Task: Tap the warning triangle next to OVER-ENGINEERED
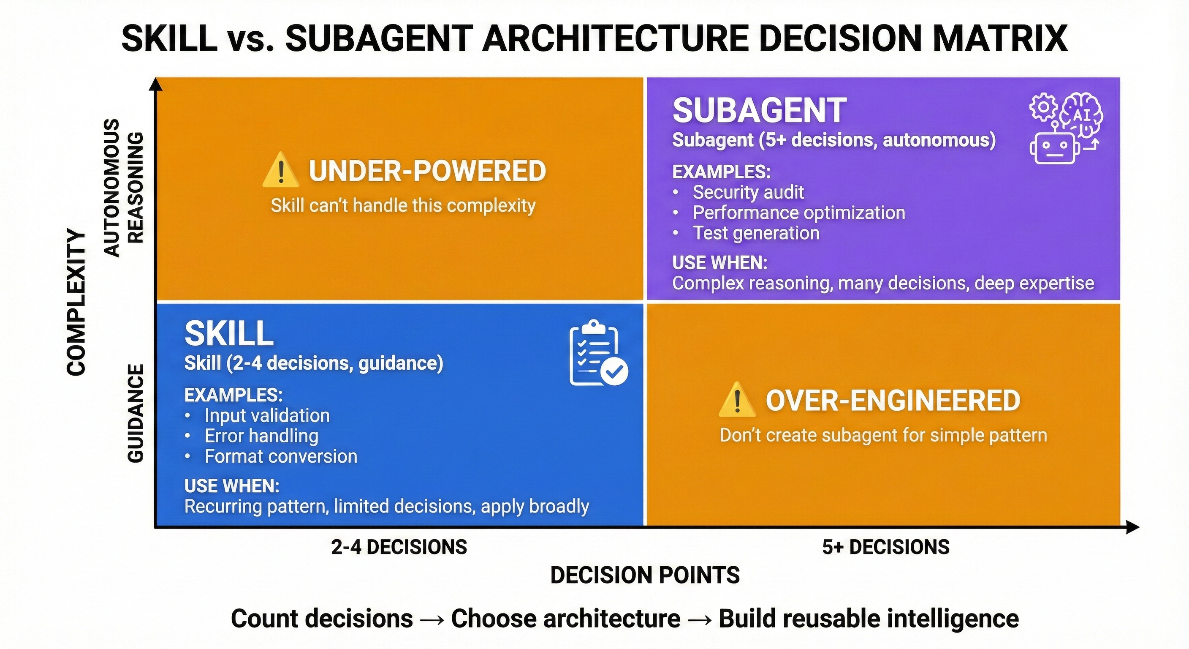click(737, 401)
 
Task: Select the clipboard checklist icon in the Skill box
click(597, 353)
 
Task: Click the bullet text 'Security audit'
click(748, 192)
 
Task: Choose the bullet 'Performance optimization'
click(798, 213)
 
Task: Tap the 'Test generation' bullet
click(756, 233)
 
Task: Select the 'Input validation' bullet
click(267, 416)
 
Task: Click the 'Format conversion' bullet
click(281, 456)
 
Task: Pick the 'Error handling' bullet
click(261, 436)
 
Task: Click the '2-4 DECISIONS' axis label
click(399, 547)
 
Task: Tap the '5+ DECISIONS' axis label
click(886, 547)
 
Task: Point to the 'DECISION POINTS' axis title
click(645, 575)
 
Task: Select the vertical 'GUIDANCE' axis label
click(135, 413)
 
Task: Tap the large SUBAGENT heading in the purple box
click(759, 111)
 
